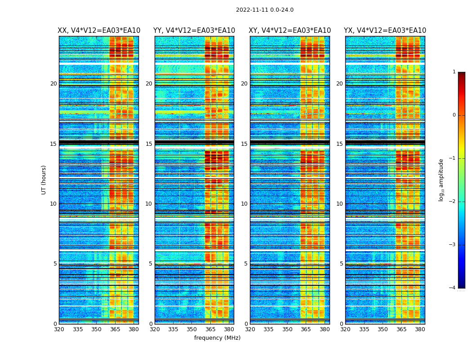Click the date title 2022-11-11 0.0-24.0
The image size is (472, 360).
click(x=264, y=10)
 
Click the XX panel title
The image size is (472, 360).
click(x=99, y=31)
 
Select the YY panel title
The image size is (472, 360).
click(x=194, y=31)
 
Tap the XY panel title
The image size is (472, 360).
click(x=290, y=31)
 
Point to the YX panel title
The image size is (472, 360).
click(x=385, y=31)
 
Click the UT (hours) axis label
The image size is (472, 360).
click(x=44, y=180)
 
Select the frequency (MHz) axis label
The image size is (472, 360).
click(x=217, y=338)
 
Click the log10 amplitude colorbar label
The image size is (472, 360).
click(x=441, y=180)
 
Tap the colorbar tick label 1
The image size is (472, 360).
click(x=454, y=72)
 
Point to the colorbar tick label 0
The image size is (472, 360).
click(x=454, y=115)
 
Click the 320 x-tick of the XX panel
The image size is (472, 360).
click(x=59, y=329)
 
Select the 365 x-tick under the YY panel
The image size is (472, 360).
click(x=210, y=329)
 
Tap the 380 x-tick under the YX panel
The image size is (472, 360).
click(x=420, y=329)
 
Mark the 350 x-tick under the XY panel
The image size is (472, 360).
click(x=287, y=329)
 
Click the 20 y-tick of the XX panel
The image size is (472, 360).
click(x=53, y=84)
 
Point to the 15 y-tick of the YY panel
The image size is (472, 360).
click(x=149, y=144)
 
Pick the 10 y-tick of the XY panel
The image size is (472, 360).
click(x=244, y=204)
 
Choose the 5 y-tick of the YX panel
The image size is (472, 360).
click(x=341, y=264)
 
